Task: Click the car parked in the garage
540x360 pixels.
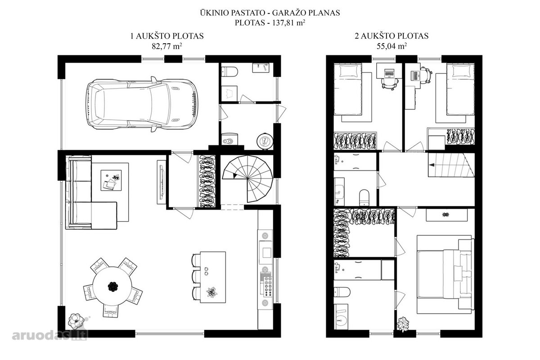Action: click(x=142, y=104)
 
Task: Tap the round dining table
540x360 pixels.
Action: click(x=112, y=286)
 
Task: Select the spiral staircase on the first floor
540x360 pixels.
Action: click(x=247, y=179)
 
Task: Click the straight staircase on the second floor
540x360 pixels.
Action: click(x=451, y=165)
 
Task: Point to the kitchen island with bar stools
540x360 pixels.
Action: click(x=209, y=277)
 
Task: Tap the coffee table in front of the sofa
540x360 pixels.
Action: click(x=111, y=180)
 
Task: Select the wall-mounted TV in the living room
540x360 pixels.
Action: click(x=161, y=182)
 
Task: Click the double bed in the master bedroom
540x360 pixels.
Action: click(x=444, y=274)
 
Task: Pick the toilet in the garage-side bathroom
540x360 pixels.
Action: click(x=230, y=72)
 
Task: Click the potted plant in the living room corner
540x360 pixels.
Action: click(x=76, y=321)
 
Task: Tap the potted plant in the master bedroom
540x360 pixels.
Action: click(x=403, y=324)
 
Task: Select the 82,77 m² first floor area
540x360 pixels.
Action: click(x=167, y=46)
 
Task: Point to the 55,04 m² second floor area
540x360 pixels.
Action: click(x=392, y=46)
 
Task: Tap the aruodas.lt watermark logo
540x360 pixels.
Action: click(x=49, y=335)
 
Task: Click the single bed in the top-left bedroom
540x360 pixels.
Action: click(x=348, y=89)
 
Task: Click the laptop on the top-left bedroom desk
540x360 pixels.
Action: click(x=389, y=73)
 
